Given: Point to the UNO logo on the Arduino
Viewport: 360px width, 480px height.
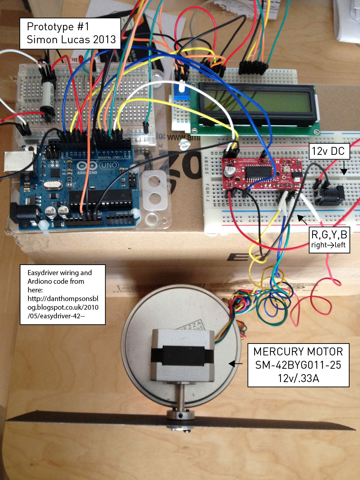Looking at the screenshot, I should click(108, 165).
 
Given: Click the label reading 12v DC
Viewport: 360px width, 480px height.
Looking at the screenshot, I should click(328, 151).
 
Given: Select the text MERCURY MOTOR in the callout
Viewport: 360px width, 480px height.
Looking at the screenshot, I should click(298, 352).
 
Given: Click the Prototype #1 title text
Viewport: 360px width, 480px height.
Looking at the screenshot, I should click(58, 27).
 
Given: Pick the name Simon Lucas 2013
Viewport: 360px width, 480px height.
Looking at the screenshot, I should click(71, 40).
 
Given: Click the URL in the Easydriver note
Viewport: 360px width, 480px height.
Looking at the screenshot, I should click(63, 307).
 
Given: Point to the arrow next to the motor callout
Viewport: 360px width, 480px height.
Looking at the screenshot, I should click(235, 364).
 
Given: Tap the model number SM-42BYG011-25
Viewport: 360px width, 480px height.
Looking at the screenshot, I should click(298, 365).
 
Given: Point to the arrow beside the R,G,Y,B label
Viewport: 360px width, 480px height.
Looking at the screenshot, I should click(302, 219).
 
